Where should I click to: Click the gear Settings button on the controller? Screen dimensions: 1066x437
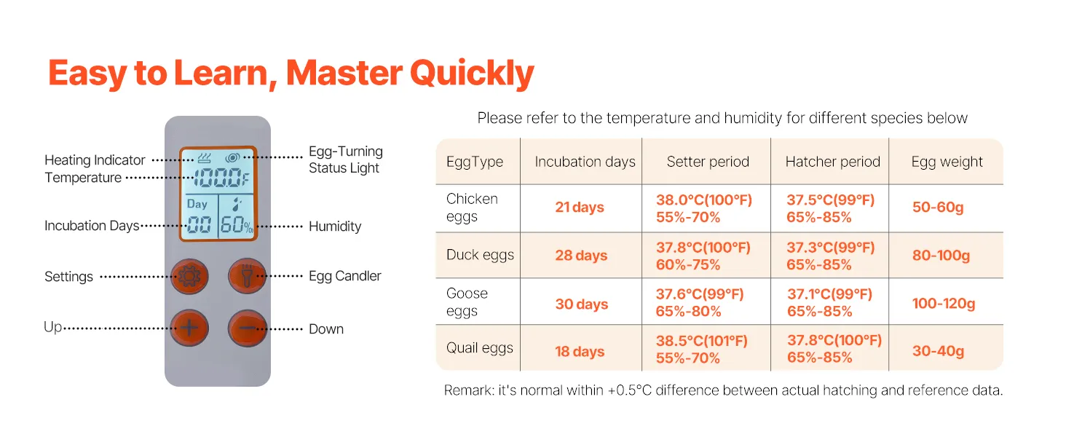pos(189,277)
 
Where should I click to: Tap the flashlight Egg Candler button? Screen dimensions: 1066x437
pos(247,276)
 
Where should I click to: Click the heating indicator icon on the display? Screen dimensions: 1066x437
pos(205,157)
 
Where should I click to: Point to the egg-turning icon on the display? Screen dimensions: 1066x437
pos(233,157)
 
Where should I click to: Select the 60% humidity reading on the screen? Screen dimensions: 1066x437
pos(237,224)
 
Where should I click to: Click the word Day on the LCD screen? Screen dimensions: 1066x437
pos(197,204)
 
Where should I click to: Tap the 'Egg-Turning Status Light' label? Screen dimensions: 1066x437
pos(346,160)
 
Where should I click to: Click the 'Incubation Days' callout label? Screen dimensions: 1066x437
pos(92,225)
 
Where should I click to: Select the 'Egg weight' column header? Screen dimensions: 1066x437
pos(947,162)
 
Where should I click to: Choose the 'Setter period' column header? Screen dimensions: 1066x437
pos(708,162)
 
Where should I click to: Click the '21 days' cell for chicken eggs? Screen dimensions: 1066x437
pos(579,207)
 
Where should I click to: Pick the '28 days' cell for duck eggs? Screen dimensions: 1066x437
pos(581,255)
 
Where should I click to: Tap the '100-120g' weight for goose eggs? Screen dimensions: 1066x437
pos(944,303)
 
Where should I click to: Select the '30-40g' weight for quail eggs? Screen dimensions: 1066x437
pos(938,351)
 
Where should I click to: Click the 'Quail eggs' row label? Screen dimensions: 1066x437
pos(480,348)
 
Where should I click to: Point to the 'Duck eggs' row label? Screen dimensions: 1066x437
pos(480,255)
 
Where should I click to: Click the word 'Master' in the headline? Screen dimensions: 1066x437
pos(344,73)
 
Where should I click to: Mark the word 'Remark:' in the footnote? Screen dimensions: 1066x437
pos(469,390)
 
